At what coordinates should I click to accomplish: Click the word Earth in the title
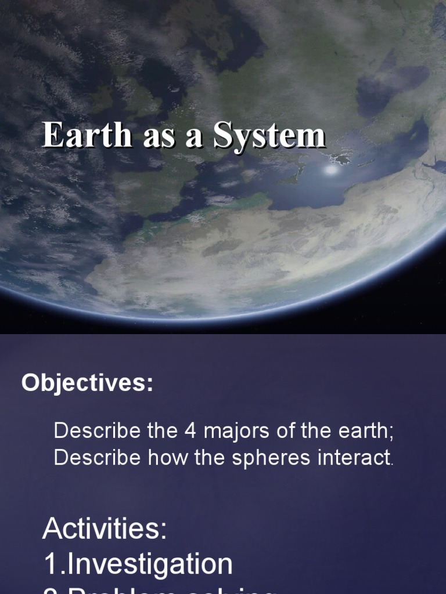(x=87, y=136)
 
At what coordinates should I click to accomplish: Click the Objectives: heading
(x=87, y=383)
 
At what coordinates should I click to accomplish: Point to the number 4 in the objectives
(x=190, y=431)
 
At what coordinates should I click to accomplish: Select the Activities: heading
(x=105, y=530)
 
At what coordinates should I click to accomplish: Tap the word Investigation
(x=150, y=564)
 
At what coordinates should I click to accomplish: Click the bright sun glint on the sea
(x=332, y=171)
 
